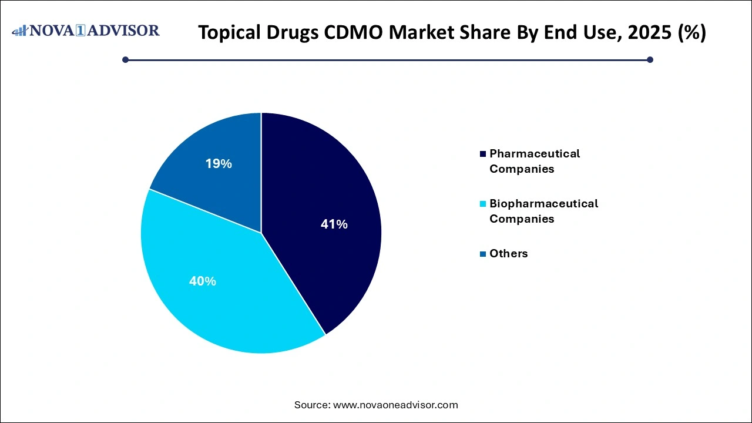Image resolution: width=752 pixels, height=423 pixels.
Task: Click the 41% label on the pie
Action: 334,224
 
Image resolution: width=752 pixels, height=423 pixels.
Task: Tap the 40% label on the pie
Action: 202,281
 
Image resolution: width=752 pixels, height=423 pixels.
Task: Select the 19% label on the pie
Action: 219,164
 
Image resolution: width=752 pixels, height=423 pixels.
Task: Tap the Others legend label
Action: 508,254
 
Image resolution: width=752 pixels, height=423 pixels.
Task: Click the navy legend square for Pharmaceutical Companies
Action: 483,154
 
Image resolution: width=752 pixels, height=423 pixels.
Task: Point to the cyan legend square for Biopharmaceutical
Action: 483,204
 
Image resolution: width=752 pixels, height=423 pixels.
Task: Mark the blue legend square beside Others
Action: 483,254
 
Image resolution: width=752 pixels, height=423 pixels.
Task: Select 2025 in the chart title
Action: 648,33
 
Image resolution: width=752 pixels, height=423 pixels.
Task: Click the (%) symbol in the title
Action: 690,33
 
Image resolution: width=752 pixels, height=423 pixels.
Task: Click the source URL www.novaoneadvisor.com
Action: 395,405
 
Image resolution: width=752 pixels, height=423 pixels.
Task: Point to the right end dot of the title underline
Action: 650,59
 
